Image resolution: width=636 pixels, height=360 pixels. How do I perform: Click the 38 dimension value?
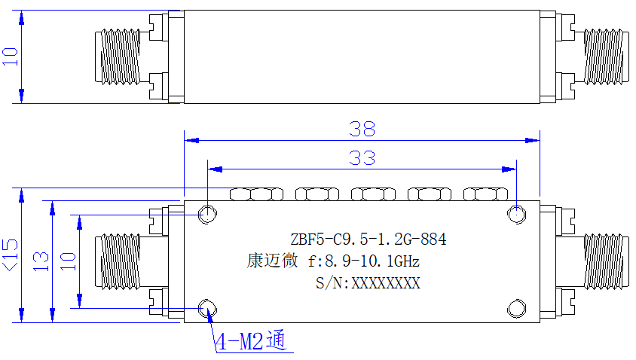(362, 129)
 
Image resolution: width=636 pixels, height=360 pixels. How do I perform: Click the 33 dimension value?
(362, 157)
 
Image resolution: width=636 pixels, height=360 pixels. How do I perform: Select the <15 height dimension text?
(11, 255)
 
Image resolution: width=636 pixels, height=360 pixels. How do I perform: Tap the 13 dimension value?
(41, 262)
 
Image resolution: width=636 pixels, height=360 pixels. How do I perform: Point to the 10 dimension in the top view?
(11, 56)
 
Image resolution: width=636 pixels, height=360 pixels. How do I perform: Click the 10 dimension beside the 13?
(68, 262)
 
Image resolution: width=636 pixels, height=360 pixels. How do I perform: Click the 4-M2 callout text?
(250, 341)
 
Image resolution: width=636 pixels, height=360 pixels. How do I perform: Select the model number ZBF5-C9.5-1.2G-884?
(368, 239)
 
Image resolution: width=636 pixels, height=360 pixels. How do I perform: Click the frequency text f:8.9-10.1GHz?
(363, 261)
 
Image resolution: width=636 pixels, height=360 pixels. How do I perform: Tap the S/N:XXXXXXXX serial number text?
(368, 283)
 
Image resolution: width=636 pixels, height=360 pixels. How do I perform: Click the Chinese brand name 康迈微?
(272, 261)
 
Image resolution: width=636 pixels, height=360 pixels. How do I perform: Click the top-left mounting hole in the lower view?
(207, 214)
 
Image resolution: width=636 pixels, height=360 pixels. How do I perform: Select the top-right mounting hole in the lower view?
(517, 214)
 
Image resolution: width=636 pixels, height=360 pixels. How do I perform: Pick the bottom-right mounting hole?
(517, 309)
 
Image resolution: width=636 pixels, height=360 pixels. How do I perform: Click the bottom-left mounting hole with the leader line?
(207, 309)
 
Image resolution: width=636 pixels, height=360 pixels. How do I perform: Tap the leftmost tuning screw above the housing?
(256, 194)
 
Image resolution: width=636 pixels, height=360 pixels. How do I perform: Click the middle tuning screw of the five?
(373, 194)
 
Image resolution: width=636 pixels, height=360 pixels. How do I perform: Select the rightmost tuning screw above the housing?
(485, 194)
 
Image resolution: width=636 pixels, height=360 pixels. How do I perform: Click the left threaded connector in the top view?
(118, 56)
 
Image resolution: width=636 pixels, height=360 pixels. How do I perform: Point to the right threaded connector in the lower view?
(603, 261)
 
